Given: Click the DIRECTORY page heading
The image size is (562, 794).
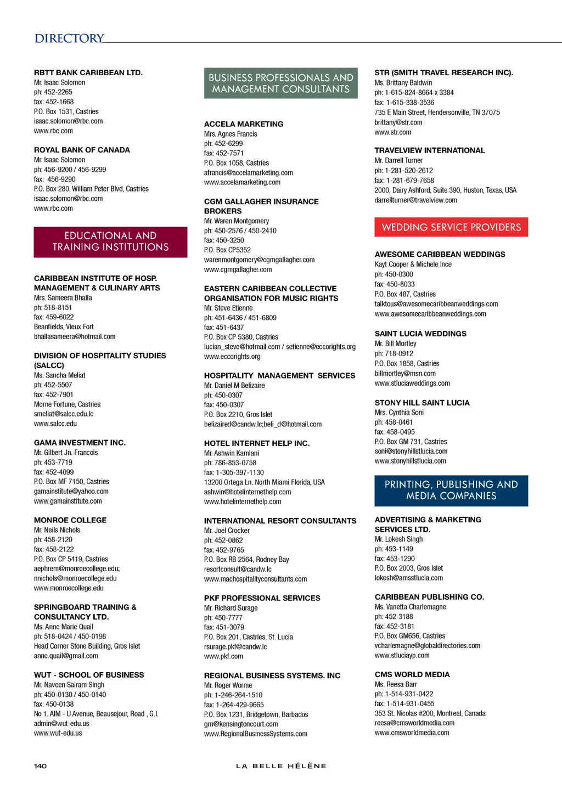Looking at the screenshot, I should pyautogui.click(x=69, y=38).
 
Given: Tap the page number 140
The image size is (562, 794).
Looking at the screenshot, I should pyautogui.click(x=41, y=766).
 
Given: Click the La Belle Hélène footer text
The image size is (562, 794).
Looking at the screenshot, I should pyautogui.click(x=281, y=766).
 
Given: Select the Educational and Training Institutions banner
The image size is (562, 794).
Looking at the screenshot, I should pyautogui.click(x=110, y=241).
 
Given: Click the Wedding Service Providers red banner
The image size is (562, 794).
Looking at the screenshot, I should pyautogui.click(x=451, y=227).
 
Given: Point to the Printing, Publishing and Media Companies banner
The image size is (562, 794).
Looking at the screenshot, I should pyautogui.click(x=451, y=491).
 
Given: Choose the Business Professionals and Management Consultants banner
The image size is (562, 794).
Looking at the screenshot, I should pyautogui.click(x=280, y=83).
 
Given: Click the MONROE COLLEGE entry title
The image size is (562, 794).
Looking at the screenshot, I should pyautogui.click(x=70, y=520).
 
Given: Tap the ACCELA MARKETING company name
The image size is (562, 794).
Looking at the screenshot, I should pyautogui.click(x=244, y=124).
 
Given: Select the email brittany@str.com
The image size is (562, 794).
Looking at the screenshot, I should pyautogui.click(x=398, y=122).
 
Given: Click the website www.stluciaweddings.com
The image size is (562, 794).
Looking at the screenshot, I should pyautogui.click(x=412, y=384).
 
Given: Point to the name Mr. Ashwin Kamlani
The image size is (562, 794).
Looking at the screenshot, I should pyautogui.click(x=232, y=453).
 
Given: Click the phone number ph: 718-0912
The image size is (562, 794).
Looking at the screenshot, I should pyautogui.click(x=394, y=354).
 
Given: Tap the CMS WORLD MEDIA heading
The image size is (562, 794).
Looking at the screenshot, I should pyautogui.click(x=412, y=674).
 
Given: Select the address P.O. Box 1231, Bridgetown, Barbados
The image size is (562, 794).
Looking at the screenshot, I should pyautogui.click(x=256, y=714).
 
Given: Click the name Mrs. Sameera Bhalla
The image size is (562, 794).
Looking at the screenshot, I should pyautogui.click(x=63, y=298).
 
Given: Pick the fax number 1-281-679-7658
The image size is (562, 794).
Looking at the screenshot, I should pyautogui.click(x=404, y=181).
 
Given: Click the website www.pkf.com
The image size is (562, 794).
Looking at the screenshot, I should pyautogui.click(x=223, y=656).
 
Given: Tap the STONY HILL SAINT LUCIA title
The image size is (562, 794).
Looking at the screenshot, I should pyautogui.click(x=422, y=403).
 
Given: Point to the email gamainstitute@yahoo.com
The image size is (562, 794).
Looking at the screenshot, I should pyautogui.click(x=71, y=492).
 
